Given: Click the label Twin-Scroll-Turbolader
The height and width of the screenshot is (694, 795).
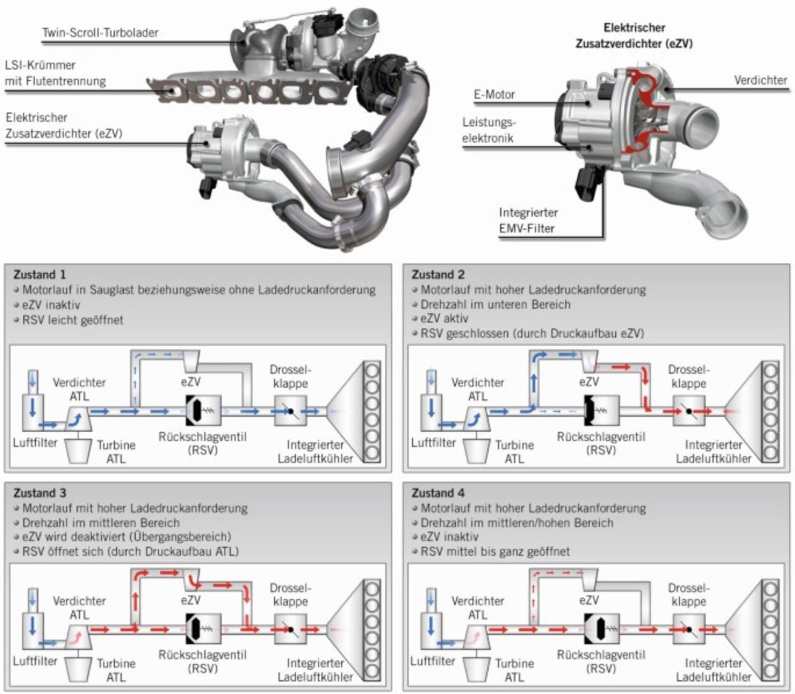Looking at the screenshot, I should click(x=100, y=32).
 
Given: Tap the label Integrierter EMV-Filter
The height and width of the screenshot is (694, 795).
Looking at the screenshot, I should click(x=528, y=221).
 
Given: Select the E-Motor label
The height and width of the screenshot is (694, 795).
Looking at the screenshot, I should click(x=494, y=94).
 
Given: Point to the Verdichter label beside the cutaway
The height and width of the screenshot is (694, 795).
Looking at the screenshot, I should click(x=760, y=80).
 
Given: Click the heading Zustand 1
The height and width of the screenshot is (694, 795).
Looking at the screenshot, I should click(x=39, y=275).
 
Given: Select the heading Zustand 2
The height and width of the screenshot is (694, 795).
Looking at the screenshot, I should click(x=438, y=275).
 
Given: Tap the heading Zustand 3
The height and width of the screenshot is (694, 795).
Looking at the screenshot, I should click(x=39, y=493).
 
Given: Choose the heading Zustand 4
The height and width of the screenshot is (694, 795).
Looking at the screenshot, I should click(x=438, y=493).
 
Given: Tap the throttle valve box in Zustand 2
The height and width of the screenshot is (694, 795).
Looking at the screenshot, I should click(x=689, y=411).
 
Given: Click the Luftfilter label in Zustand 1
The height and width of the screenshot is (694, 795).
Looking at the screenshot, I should click(x=35, y=443).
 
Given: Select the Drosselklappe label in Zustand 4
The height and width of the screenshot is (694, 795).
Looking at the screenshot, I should click(x=689, y=595).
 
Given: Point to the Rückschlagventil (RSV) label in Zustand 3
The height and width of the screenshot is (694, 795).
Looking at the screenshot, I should click(x=202, y=662).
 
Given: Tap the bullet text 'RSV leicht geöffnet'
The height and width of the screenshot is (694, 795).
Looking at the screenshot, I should click(x=73, y=320).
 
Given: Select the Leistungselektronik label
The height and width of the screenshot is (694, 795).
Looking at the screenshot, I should click(x=488, y=130).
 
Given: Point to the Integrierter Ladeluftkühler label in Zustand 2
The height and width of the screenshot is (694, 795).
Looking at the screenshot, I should click(x=714, y=452).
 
